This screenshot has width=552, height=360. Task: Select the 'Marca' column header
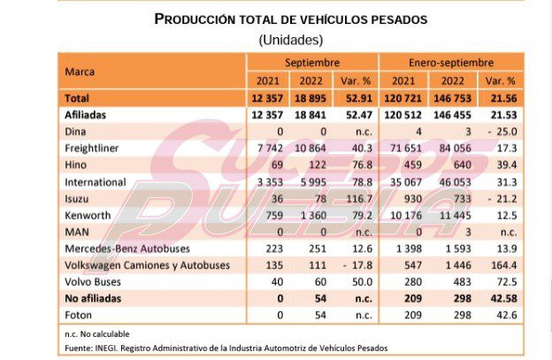pyautogui.click(x=80, y=70)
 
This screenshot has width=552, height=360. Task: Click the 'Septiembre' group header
pyautogui.click(x=312, y=63)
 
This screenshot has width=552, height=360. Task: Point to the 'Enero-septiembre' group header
pyautogui.click(x=450, y=63)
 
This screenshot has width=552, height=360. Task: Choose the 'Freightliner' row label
pyautogui.click(x=95, y=149)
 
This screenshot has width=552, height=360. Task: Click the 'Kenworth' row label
pyautogui.click(x=89, y=215)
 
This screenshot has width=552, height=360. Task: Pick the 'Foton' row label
pyautogui.click(x=80, y=314)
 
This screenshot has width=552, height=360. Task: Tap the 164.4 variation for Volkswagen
pyautogui.click(x=504, y=264)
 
